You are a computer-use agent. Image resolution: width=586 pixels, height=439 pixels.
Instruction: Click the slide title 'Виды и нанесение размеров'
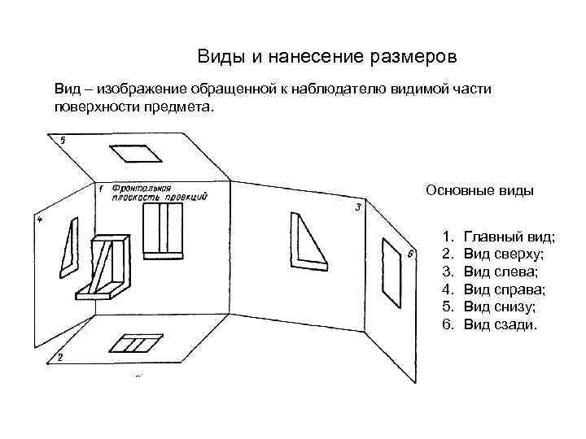click(x=327, y=58)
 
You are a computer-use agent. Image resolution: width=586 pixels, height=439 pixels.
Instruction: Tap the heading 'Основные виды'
click(x=479, y=191)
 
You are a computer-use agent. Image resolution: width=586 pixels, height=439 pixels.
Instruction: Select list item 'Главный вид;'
click(x=509, y=237)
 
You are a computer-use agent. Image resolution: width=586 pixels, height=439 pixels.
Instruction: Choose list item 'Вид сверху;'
click(x=505, y=254)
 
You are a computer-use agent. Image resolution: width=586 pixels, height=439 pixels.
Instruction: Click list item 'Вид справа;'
click(x=505, y=289)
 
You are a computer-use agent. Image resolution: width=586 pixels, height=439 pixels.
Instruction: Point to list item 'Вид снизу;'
click(x=501, y=307)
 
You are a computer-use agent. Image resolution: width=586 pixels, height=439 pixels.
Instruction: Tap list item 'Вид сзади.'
click(x=500, y=325)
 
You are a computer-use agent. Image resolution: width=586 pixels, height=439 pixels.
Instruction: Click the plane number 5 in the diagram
click(x=63, y=141)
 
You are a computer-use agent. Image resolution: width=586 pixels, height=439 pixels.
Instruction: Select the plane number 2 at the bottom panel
click(x=60, y=358)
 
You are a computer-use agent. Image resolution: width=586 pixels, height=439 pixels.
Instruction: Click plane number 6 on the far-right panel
click(x=410, y=255)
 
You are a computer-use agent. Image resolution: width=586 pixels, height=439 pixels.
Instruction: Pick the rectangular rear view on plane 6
click(x=392, y=273)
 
